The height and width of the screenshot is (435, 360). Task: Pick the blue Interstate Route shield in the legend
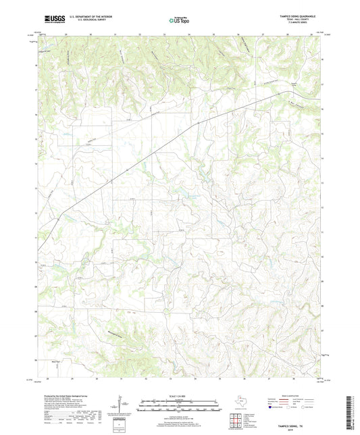[x=272, y=407]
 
